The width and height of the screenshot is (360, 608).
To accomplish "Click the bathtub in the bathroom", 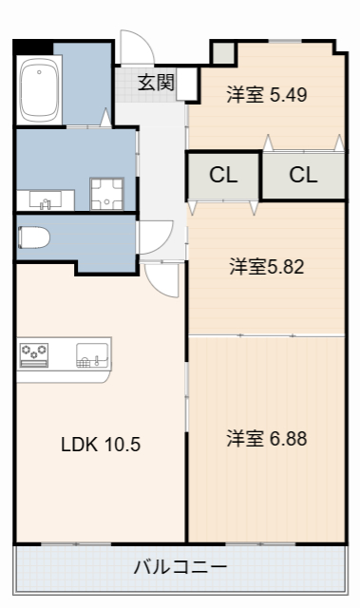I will [39, 87].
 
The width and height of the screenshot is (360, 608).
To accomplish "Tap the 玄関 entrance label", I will [156, 83].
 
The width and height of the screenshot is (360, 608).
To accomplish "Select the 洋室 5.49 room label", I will [267, 94].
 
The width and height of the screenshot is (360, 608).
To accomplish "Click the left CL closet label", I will [223, 175].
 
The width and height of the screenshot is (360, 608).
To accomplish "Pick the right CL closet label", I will [303, 175].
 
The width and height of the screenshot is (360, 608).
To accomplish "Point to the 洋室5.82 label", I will [266, 267].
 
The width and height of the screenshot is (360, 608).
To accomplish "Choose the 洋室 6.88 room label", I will [266, 439].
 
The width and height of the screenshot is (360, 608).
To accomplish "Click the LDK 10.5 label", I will [101, 444].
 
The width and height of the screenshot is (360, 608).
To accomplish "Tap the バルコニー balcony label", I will [180, 567].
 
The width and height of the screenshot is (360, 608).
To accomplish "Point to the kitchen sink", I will [89, 356].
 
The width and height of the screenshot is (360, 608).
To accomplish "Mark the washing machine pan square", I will [106, 194].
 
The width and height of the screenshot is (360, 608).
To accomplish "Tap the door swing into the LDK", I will [162, 278].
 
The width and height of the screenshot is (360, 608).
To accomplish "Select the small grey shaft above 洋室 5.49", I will [222, 52].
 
